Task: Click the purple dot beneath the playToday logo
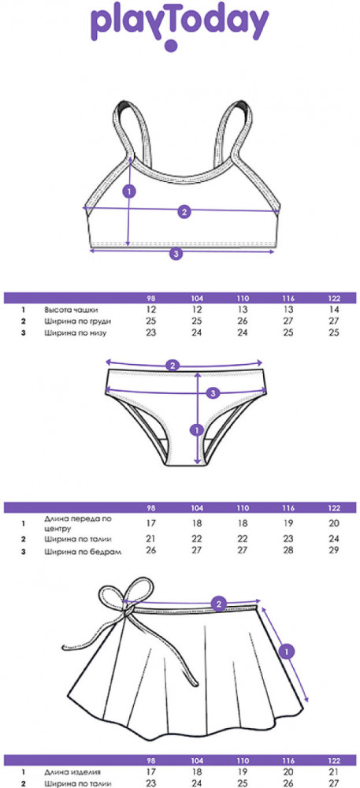tap(171, 46)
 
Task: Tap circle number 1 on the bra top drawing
tap(129, 191)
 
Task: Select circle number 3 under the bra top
tap(175, 255)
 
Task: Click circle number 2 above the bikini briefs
tap(173, 366)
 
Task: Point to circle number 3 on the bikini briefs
tap(213, 392)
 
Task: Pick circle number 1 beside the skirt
tap(286, 652)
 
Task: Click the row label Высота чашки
tap(71, 310)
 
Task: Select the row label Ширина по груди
tap(77, 322)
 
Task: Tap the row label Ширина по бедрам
tap(84, 552)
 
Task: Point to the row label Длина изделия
tap(72, 772)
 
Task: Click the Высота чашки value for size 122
tap(334, 310)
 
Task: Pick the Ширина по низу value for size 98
tap(151, 333)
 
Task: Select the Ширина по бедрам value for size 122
tap(334, 550)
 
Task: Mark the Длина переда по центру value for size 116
tap(288, 523)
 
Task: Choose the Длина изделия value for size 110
tap(243, 772)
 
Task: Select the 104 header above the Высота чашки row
tap(197, 299)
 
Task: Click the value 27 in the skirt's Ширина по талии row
tap(334, 783)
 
